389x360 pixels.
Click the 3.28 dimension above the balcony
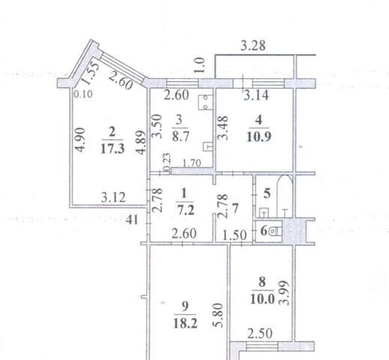point(253,46)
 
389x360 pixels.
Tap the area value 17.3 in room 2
point(112,148)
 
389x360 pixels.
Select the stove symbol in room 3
point(205,102)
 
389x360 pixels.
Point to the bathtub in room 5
point(285,196)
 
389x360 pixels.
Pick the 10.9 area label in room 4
point(259,137)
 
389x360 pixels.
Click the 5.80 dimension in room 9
point(217,315)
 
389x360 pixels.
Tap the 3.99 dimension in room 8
point(285,293)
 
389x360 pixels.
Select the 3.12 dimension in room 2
point(113,197)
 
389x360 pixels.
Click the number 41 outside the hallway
point(132,220)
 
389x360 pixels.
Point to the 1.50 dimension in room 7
point(235,235)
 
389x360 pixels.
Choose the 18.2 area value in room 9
point(185,323)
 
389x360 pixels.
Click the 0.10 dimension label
point(83,94)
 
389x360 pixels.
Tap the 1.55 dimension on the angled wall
point(89,73)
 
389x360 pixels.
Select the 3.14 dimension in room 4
point(256,95)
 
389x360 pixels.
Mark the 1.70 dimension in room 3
point(192,163)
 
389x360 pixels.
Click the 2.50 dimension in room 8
point(260,334)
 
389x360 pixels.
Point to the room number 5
point(267,193)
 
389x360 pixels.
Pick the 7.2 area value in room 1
point(186,211)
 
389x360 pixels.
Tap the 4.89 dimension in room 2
point(141,142)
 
